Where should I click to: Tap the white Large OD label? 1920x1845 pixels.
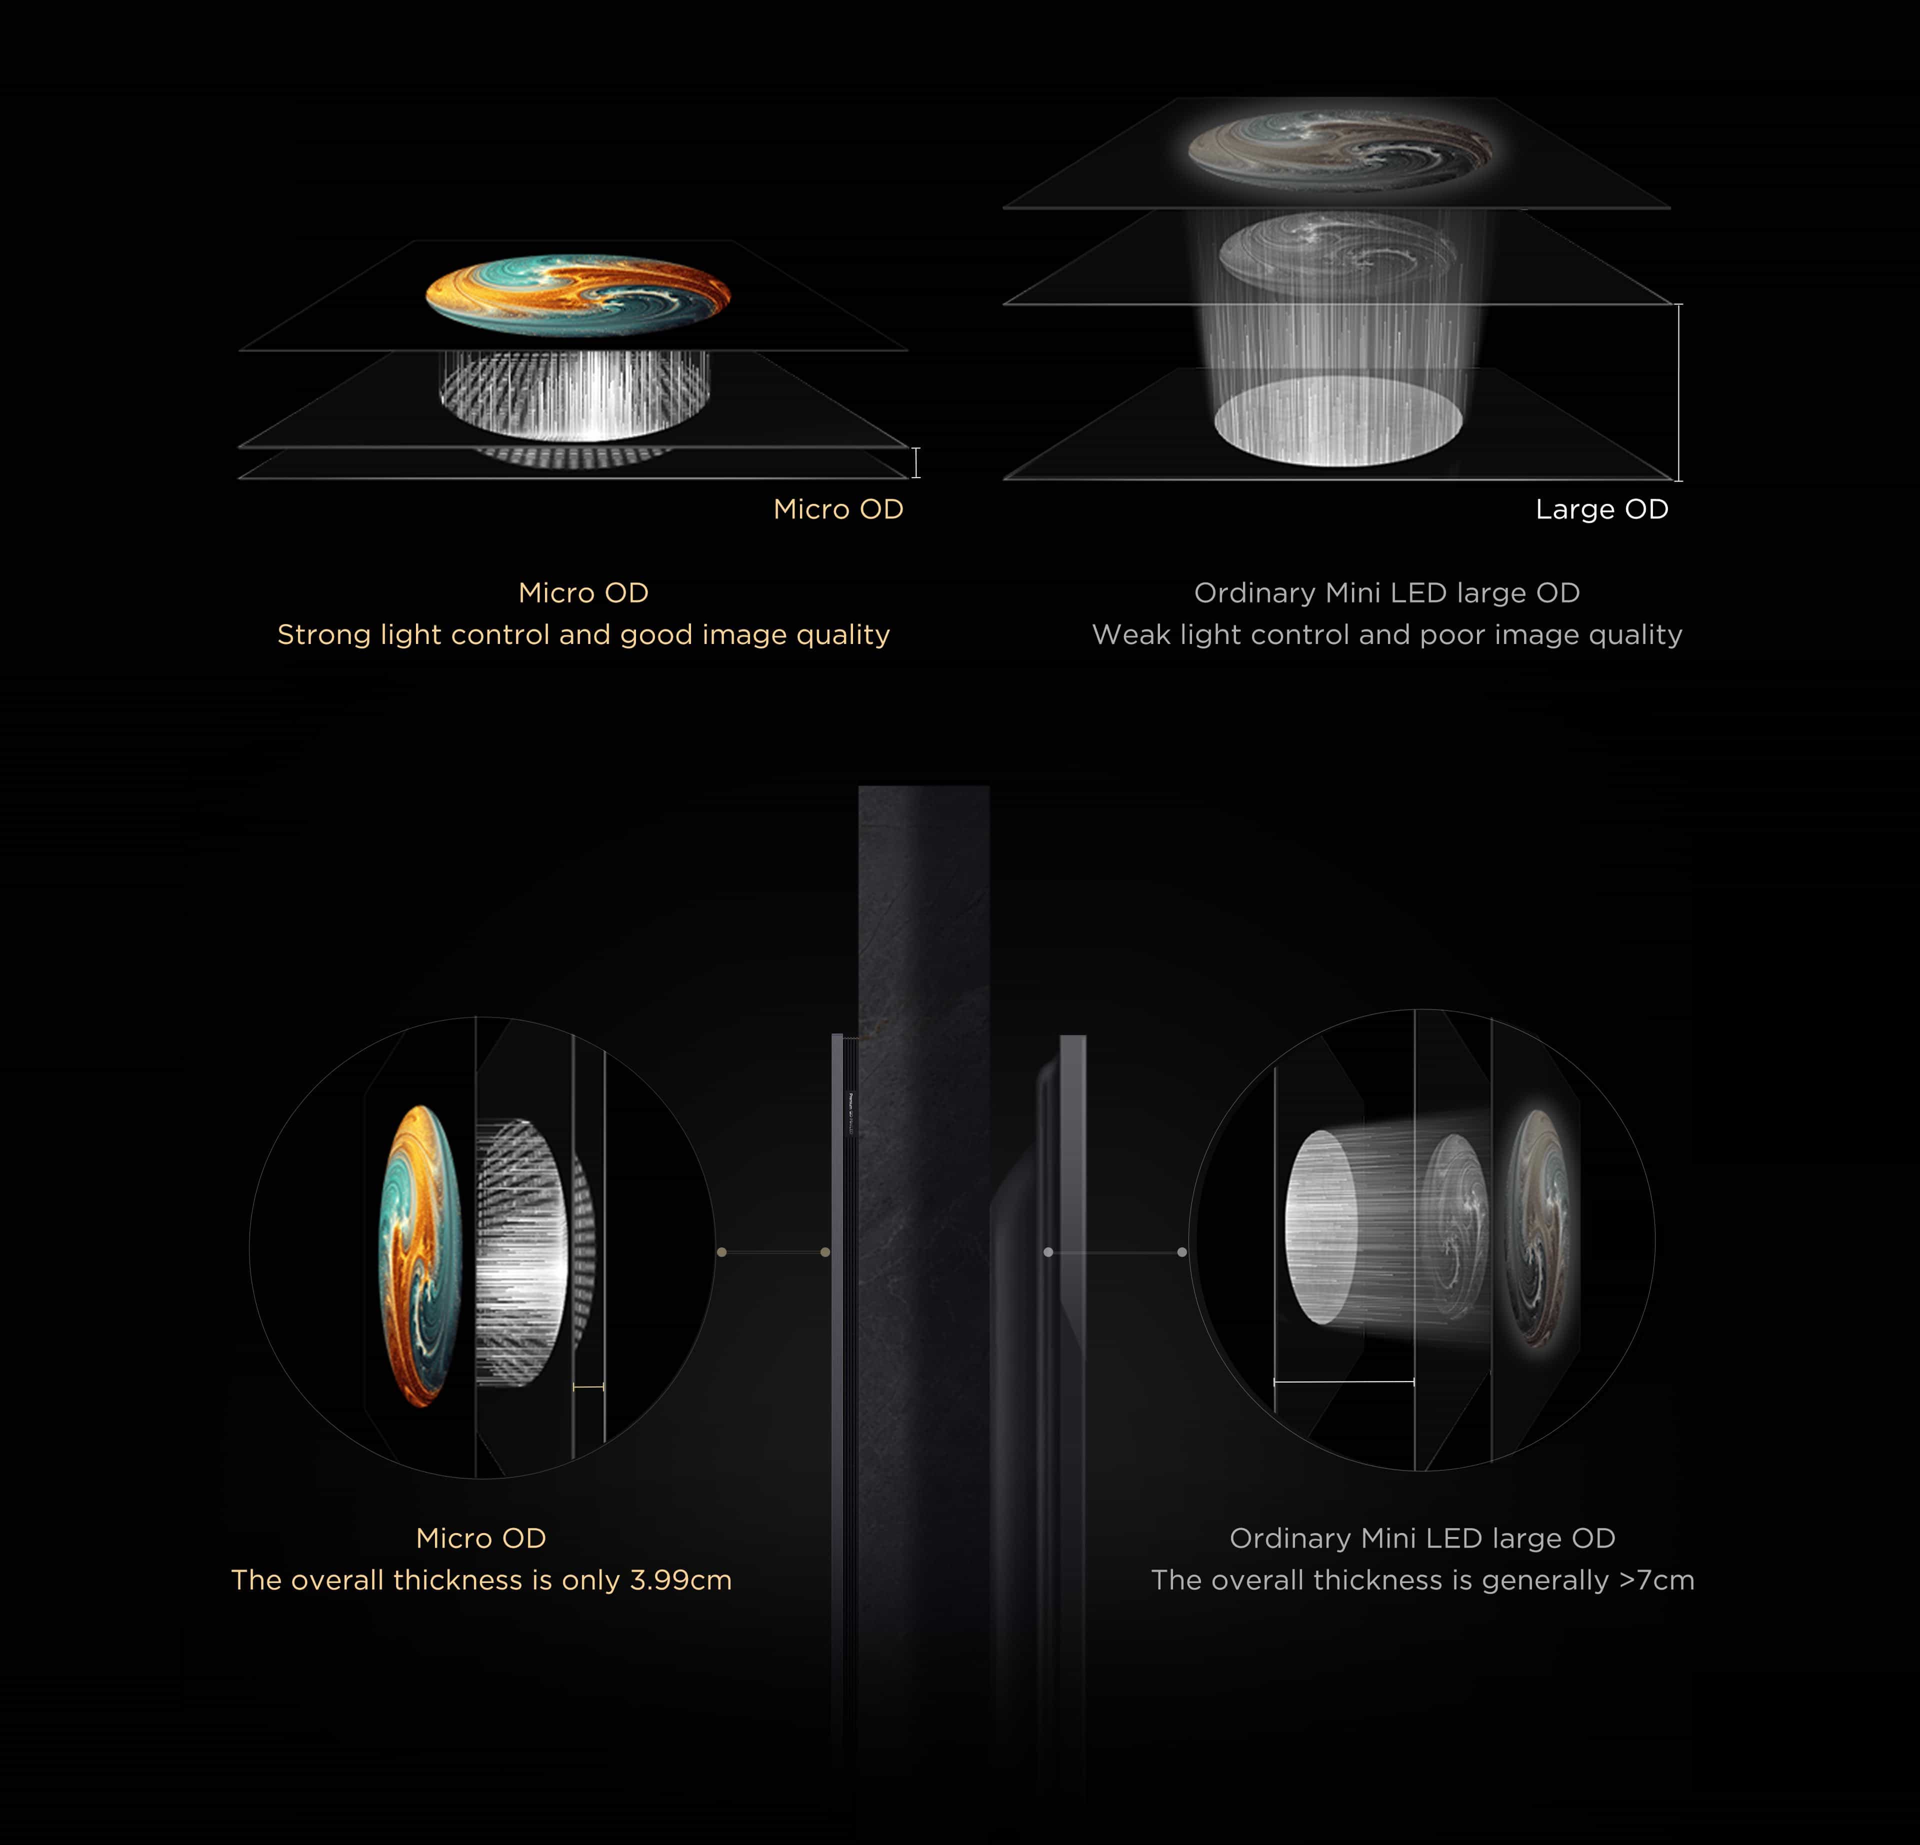click(x=1601, y=509)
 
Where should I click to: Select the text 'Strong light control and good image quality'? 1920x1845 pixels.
click(x=584, y=635)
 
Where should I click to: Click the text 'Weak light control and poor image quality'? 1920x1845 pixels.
click(x=1387, y=635)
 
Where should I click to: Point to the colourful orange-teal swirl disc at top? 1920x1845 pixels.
click(x=578, y=295)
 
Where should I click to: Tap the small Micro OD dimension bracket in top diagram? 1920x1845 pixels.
click(x=916, y=462)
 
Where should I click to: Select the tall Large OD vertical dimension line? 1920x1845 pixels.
click(x=1679, y=392)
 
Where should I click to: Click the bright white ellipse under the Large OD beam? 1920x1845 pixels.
click(x=1338, y=419)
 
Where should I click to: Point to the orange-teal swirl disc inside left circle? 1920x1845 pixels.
click(x=419, y=1256)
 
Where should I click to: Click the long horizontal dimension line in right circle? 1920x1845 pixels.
click(x=1344, y=1381)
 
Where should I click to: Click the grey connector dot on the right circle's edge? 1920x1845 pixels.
click(x=1182, y=1252)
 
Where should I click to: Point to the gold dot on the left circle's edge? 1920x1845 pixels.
click(x=722, y=1252)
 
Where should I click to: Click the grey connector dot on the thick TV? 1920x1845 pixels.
click(x=1048, y=1252)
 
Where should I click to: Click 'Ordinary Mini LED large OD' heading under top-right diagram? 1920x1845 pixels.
click(x=1387, y=593)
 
